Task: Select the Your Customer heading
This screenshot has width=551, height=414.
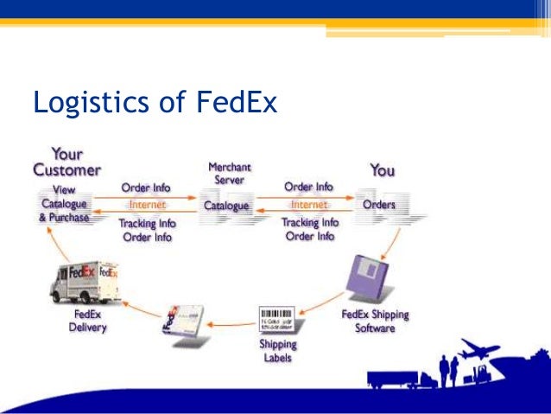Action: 66,162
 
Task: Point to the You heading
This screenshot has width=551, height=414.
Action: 382,170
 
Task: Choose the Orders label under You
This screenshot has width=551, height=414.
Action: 378,205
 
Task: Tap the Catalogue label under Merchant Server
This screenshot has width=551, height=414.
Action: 226,207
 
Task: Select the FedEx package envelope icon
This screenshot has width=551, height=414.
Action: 186,322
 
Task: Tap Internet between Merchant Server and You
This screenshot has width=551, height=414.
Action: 308,206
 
